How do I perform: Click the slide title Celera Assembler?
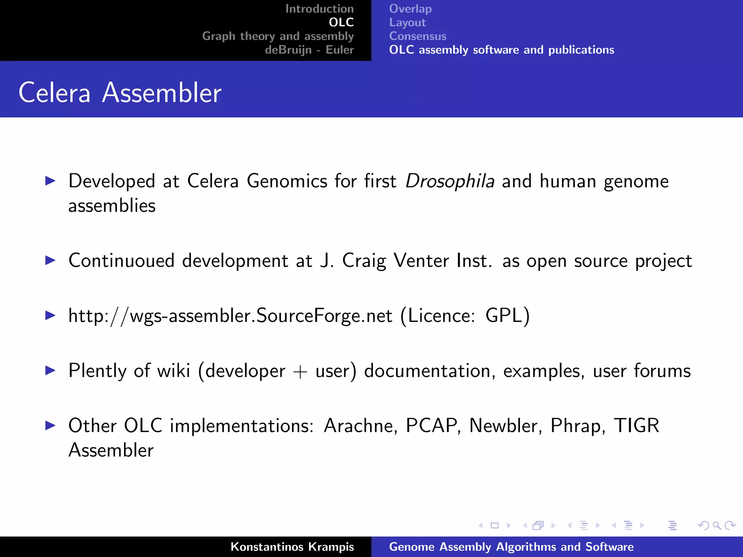120,93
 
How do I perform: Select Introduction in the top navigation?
319,9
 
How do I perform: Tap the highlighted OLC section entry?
341,22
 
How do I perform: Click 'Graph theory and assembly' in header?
278,36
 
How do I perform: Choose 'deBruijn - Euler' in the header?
309,50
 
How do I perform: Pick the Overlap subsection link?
410,9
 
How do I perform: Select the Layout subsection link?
407,22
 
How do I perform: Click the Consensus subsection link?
418,36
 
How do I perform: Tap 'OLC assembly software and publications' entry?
501,50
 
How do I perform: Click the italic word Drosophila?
450,181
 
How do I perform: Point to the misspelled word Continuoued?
122,261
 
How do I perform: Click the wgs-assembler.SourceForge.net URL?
230,315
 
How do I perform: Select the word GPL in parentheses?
504,315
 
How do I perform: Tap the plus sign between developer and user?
300,371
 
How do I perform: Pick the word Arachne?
358,426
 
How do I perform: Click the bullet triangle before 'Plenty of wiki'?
50,370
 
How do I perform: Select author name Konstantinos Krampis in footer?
292,546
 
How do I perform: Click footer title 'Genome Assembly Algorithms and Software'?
511,546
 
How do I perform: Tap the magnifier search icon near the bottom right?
717,525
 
